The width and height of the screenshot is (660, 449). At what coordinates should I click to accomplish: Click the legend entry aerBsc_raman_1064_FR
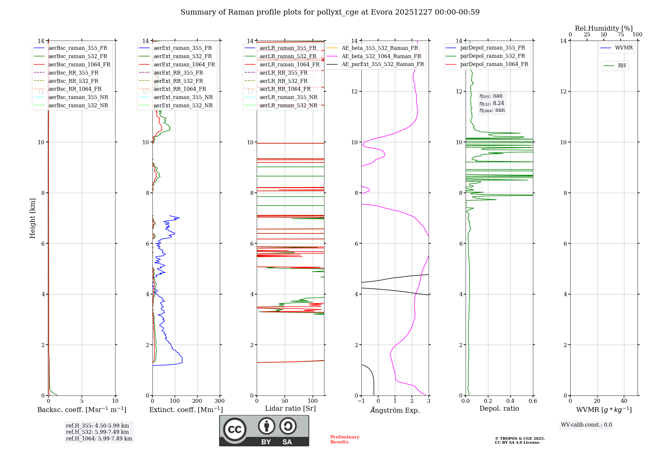(x=79, y=65)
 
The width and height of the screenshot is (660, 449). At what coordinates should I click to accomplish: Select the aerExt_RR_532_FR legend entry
(x=178, y=81)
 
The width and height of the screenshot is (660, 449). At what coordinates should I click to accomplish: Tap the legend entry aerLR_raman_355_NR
(x=288, y=97)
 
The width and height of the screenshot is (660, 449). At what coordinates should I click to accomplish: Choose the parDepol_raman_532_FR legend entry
(x=492, y=56)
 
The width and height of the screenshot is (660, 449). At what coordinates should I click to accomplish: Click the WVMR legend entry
(x=624, y=48)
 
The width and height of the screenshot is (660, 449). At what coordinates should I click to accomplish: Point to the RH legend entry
(x=622, y=66)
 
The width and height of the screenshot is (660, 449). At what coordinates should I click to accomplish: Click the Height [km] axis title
(x=32, y=218)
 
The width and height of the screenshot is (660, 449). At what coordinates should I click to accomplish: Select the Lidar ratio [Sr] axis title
(x=290, y=408)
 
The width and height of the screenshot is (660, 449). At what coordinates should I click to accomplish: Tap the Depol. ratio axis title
(x=499, y=408)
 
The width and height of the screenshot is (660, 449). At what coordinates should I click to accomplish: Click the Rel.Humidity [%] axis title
(x=604, y=28)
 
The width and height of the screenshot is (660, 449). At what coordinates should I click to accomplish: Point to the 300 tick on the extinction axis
(x=219, y=401)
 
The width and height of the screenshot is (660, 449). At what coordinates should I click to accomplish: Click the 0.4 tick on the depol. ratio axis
(x=510, y=401)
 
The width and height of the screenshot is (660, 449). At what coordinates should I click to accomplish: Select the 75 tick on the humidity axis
(x=620, y=35)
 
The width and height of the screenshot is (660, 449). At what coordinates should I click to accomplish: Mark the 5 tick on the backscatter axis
(x=82, y=401)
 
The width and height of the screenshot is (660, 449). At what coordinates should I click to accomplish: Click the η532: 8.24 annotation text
(x=492, y=103)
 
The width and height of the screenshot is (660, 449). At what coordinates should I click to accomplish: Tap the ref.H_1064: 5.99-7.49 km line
(x=99, y=439)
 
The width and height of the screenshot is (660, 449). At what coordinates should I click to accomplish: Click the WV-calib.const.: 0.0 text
(x=586, y=425)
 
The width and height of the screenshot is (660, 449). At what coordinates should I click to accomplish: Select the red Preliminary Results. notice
(x=345, y=439)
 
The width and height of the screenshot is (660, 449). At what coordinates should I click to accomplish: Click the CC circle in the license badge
(x=235, y=430)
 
